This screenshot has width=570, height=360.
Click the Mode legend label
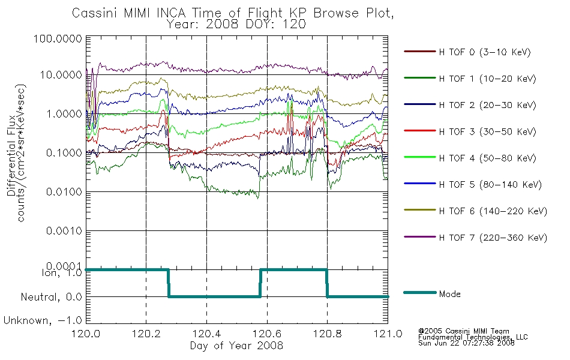(449, 294)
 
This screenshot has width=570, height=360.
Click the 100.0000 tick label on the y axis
(58, 38)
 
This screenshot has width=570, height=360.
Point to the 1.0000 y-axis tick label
(64, 114)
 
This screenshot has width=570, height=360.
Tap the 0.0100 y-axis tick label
(64, 191)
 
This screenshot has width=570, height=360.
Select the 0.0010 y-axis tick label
(64, 230)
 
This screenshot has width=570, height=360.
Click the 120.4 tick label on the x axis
(207, 334)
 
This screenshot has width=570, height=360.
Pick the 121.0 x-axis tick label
(388, 334)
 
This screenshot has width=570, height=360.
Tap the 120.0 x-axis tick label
(86, 334)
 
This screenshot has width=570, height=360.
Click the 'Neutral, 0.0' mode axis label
(51, 298)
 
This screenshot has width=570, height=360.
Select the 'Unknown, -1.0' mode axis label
(43, 321)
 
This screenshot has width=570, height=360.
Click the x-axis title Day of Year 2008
(236, 346)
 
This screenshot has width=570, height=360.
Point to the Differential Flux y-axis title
(11, 155)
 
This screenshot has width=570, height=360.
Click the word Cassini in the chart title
(95, 13)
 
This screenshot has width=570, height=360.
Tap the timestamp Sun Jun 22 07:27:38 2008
(466, 343)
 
